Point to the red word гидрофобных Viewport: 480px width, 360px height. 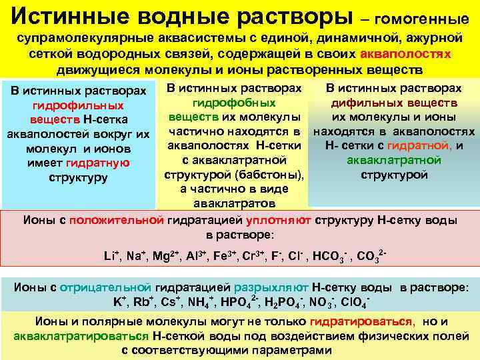[234, 103]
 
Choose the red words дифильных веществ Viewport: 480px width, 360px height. [394, 103]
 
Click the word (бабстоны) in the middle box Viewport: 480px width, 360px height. [275, 175]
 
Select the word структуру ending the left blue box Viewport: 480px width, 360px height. [78, 178]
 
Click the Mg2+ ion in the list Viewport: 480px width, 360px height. [160, 256]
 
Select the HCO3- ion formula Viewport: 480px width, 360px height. [330, 256]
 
